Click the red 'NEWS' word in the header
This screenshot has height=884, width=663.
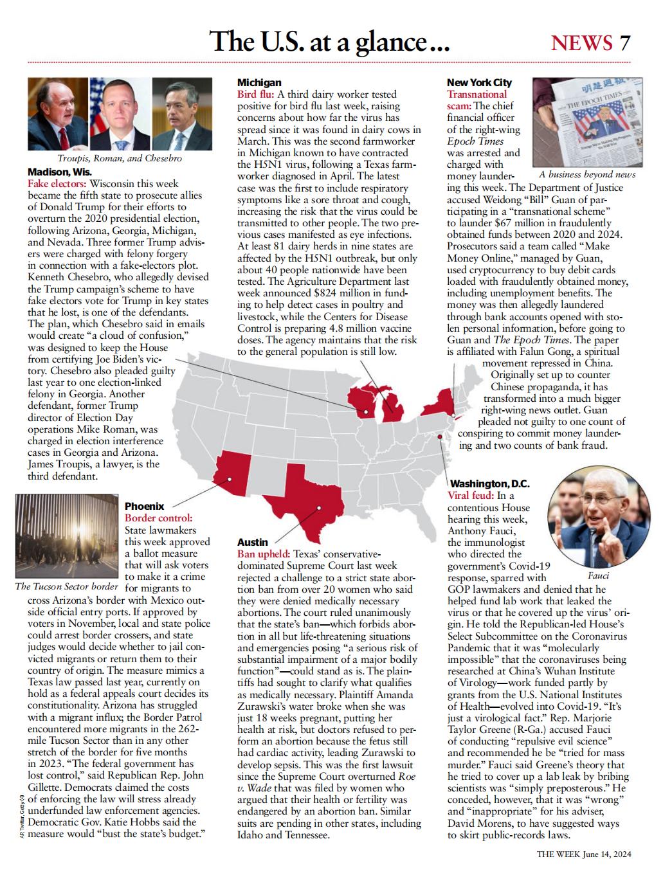[x=581, y=42]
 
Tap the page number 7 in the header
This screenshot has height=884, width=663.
[x=625, y=42]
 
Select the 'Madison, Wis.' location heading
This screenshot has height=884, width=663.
[x=60, y=172]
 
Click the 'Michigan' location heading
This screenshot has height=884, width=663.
[x=259, y=82]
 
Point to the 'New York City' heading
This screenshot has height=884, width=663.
[x=479, y=82]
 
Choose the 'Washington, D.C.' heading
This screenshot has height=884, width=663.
[x=489, y=483]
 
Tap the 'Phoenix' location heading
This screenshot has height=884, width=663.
[x=144, y=506]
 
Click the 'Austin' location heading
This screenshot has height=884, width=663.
[x=253, y=542]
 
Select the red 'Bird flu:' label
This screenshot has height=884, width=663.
[x=255, y=94]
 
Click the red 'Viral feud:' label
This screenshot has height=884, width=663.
[x=471, y=495]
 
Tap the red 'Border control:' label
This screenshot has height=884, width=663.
[x=158, y=518]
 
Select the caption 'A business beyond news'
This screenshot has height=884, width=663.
[x=586, y=174]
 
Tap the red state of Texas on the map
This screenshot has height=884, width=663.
[x=305, y=501]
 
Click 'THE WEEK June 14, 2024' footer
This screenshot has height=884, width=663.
[x=584, y=854]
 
